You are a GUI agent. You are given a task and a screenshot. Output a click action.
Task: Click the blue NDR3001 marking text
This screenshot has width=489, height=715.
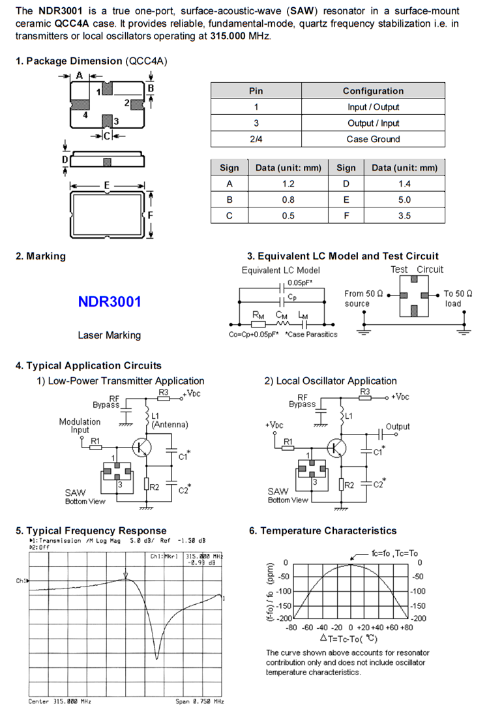pyautogui.click(x=109, y=302)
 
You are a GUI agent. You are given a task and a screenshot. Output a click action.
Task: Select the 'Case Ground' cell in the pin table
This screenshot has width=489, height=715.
pyautogui.click(x=373, y=139)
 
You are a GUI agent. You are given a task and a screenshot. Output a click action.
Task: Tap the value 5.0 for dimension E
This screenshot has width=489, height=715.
pyautogui.click(x=404, y=200)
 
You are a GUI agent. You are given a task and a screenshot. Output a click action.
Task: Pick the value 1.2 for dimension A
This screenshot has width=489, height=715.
pyautogui.click(x=288, y=184)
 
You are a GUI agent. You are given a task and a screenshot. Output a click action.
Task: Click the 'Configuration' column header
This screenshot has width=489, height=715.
pyautogui.click(x=373, y=91)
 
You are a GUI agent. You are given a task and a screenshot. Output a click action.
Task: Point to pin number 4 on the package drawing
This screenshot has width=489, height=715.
pyautogui.click(x=85, y=115)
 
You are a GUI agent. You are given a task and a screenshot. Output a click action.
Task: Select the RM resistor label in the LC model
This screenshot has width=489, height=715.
pyautogui.click(x=258, y=314)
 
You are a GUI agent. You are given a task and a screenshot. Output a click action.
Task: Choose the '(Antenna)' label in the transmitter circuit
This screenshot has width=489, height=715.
pyautogui.click(x=170, y=424)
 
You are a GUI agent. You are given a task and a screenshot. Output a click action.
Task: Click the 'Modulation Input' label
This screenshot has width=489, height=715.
pyautogui.click(x=80, y=425)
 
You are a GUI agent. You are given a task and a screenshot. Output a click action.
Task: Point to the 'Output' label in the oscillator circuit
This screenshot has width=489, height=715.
pyautogui.click(x=398, y=427)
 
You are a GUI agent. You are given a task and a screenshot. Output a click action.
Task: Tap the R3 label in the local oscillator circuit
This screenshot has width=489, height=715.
pyautogui.click(x=365, y=391)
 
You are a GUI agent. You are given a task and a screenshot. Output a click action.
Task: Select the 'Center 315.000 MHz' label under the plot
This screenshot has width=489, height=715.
pyautogui.click(x=60, y=701)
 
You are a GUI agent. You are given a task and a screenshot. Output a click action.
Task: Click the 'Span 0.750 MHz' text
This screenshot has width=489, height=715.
pyautogui.click(x=200, y=701)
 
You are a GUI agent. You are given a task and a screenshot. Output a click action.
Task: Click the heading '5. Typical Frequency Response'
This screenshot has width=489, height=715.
pyautogui.click(x=91, y=530)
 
